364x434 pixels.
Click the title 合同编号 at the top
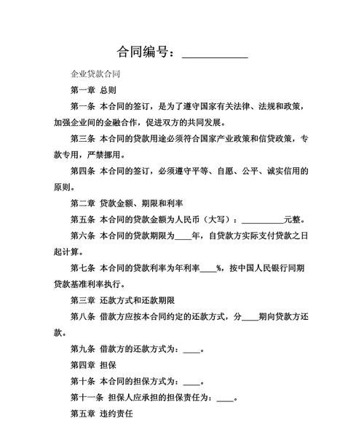pyautogui.click(x=145, y=52)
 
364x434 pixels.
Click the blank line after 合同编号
pyautogui.click(x=214, y=54)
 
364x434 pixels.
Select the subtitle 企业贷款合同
pyautogui.click(x=95, y=74)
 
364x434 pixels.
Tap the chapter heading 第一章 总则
pyautogui.click(x=92, y=90)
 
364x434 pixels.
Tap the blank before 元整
pyautogui.click(x=262, y=220)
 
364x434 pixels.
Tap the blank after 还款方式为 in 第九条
pyautogui.click(x=191, y=349)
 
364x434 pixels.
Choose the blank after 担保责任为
pyautogui.click(x=225, y=398)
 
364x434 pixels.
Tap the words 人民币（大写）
pyautogui.click(x=203, y=219)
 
